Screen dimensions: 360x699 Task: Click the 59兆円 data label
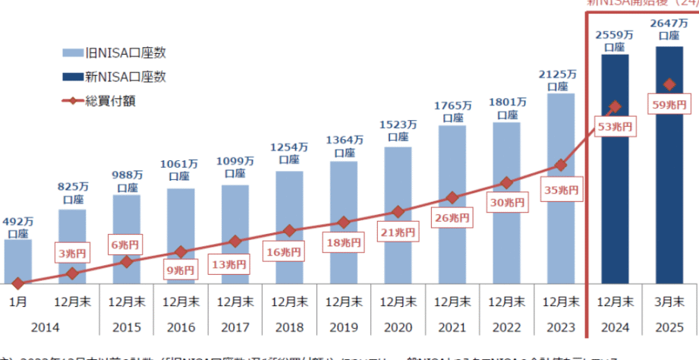(669, 103)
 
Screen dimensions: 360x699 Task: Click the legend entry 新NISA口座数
(114, 76)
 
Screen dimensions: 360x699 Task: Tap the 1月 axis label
(17, 302)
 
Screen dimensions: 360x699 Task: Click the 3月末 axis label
(669, 302)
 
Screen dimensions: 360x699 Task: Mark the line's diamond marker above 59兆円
(669, 84)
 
